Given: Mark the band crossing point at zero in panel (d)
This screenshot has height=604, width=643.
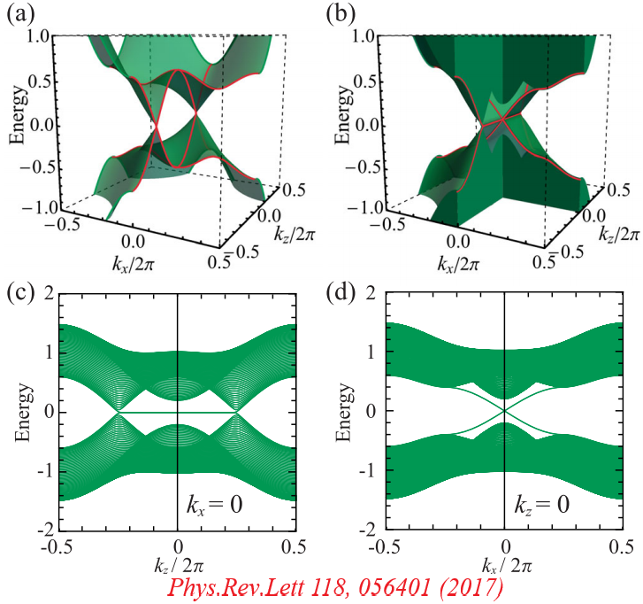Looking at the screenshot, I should click(x=504, y=411).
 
